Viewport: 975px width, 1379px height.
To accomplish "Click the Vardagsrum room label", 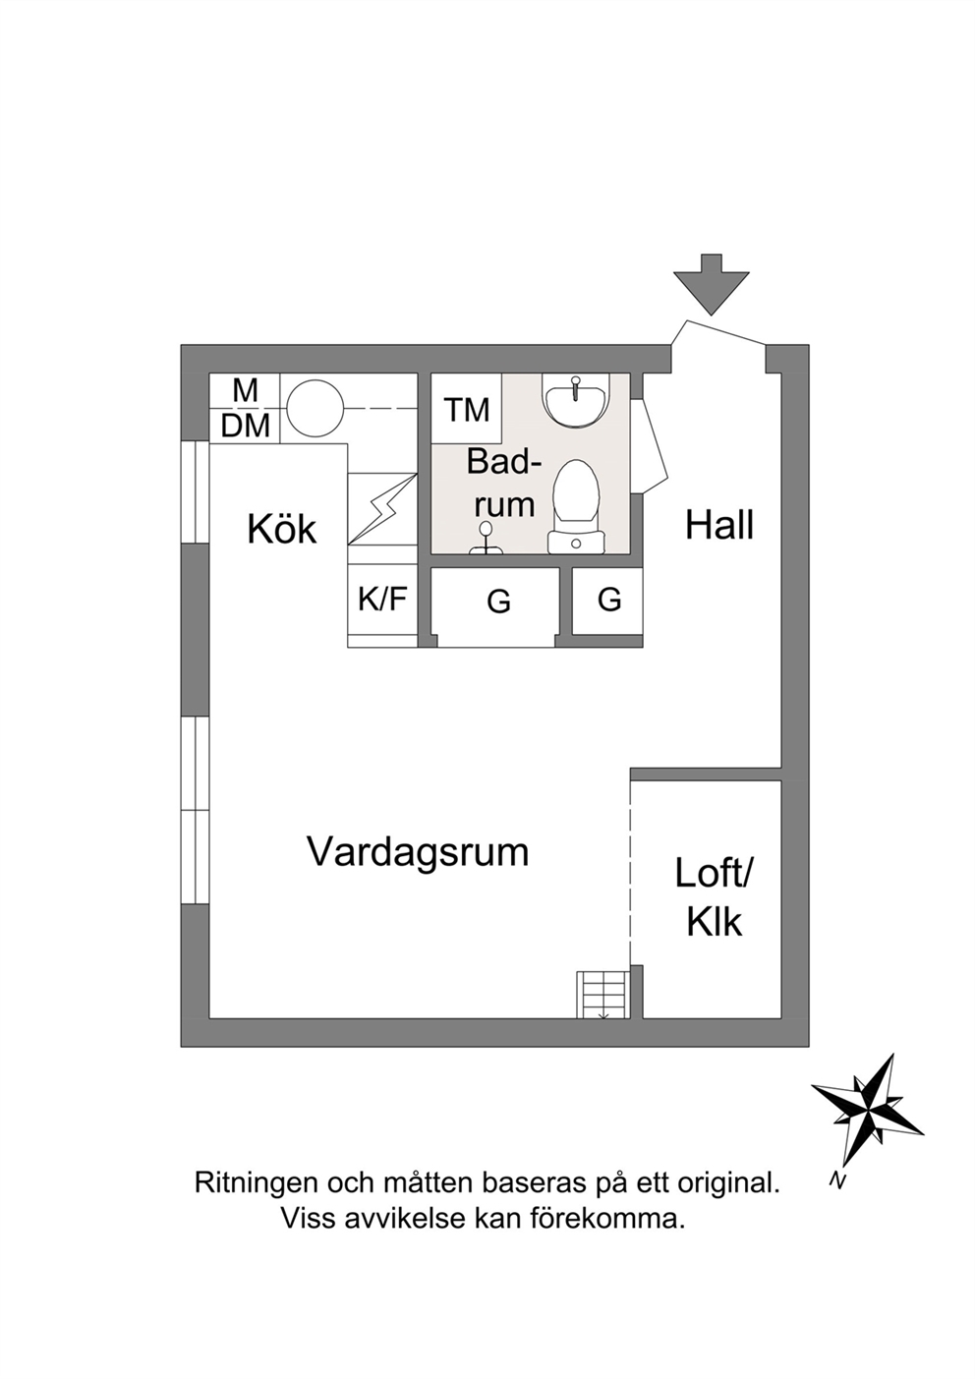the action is pyautogui.click(x=418, y=852).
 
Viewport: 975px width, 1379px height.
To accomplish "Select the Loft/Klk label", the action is pyautogui.click(x=714, y=897).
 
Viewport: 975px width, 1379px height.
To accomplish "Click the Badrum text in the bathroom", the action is pyautogui.click(x=503, y=484).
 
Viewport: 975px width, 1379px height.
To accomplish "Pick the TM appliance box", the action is pyautogui.click(x=467, y=408).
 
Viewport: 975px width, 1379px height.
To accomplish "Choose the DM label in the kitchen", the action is pyautogui.click(x=246, y=426).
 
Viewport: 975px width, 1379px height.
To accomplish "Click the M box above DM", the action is pyautogui.click(x=245, y=390).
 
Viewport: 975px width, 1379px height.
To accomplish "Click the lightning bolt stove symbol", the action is pyautogui.click(x=381, y=509).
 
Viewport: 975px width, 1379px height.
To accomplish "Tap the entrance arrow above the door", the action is pyautogui.click(x=712, y=284).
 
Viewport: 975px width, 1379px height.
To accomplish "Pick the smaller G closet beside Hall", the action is pyautogui.click(x=608, y=600).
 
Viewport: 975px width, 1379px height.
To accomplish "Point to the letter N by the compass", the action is pyautogui.click(x=836, y=1180).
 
